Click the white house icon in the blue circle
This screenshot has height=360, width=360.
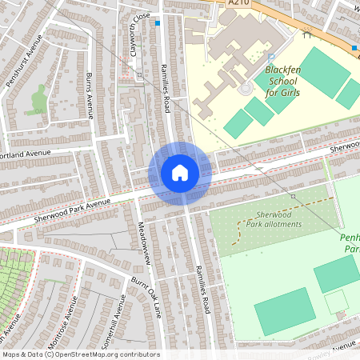(x=180, y=173)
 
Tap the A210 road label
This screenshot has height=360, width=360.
(x=238, y=4)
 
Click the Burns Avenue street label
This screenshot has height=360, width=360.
(x=90, y=95)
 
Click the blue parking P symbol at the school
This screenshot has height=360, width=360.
(x=271, y=56)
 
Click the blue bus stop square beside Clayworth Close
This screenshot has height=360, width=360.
(x=158, y=23)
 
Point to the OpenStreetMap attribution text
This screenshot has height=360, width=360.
(x=80, y=354)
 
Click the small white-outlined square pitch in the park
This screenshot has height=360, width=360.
(x=336, y=302)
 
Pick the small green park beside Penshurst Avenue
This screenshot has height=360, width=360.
(x=38, y=101)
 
